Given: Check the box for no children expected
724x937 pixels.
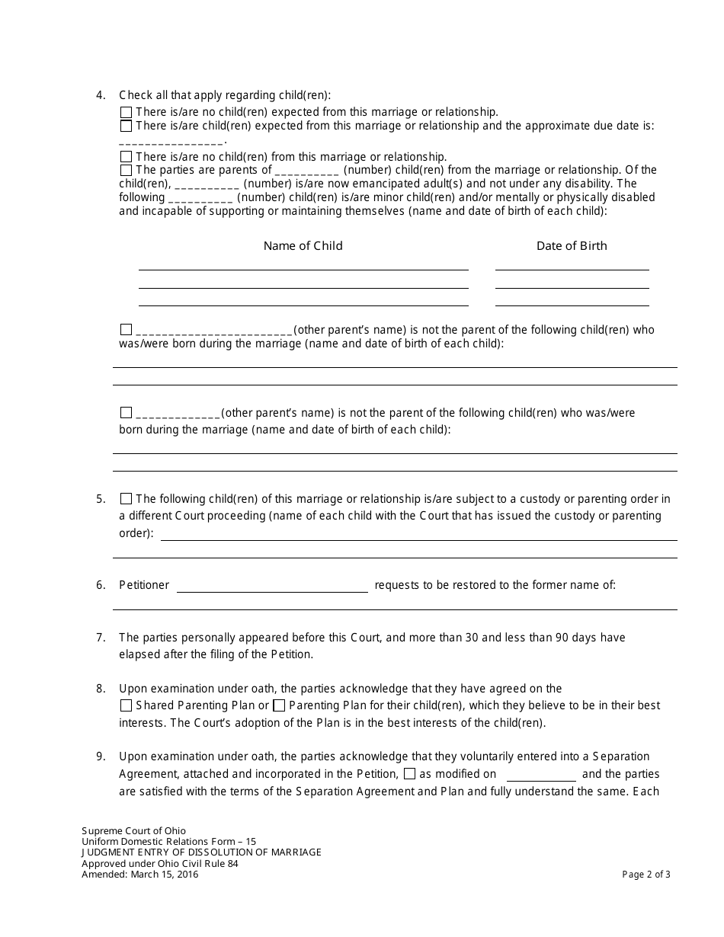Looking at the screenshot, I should [126, 112].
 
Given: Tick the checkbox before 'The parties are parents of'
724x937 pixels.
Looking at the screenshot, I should [126, 170].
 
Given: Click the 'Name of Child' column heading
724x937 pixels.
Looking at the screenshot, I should [303, 245].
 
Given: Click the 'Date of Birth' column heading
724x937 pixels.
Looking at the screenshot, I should [572, 245].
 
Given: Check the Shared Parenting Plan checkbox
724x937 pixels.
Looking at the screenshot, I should [126, 705].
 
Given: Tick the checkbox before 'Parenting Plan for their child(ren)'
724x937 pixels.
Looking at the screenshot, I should [279, 705].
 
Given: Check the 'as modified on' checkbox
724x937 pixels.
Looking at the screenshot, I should [409, 774].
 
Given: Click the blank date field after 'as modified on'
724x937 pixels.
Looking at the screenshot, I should [541, 774].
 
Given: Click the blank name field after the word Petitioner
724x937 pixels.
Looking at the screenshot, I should [272, 586].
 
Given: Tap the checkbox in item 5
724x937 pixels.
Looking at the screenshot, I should [126, 499].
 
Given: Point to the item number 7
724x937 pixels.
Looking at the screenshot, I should [101, 637].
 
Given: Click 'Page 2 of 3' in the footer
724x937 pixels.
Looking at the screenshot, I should [646, 875].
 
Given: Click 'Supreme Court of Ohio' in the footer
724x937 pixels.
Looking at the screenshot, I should [133, 830].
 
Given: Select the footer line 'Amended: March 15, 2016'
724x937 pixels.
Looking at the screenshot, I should [139, 875].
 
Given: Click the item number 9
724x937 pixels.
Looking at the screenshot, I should [101, 756].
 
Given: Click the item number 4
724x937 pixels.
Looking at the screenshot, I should [101, 95].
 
